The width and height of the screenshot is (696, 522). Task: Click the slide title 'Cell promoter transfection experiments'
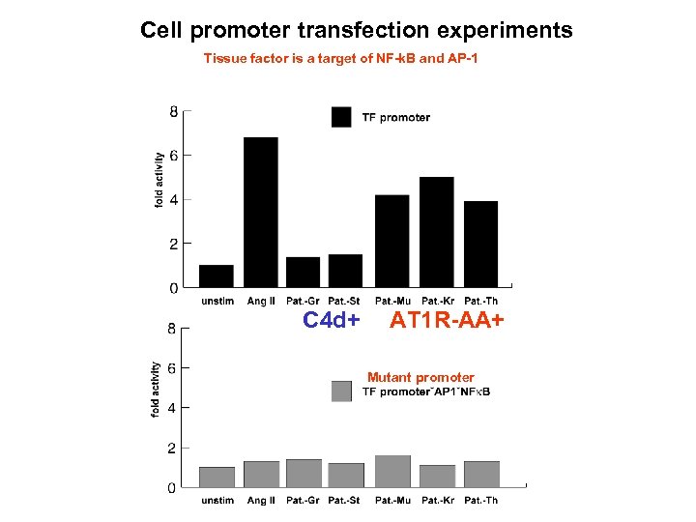tap(356, 30)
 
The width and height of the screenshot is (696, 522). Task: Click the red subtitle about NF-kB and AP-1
tap(340, 59)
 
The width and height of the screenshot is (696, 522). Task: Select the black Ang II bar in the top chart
tap(260, 212)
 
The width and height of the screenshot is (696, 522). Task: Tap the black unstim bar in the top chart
tap(216, 275)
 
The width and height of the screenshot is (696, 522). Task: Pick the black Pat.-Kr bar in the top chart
tap(436, 232)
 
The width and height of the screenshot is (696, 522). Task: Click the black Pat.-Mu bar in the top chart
tap(391, 241)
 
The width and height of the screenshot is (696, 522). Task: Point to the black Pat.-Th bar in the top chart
tap(480, 244)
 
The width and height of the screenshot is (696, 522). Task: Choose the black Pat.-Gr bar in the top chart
tap(303, 272)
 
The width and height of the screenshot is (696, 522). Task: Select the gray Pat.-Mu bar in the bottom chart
tap(391, 471)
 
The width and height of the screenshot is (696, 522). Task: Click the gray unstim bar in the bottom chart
tap(216, 477)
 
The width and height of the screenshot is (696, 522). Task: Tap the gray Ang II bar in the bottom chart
tap(260, 474)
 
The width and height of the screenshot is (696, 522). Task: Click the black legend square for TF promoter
tap(341, 117)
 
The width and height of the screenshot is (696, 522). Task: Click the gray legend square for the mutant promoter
tap(341, 391)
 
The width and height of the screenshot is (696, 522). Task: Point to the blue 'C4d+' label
tap(332, 320)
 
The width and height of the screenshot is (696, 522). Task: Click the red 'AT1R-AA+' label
tap(447, 320)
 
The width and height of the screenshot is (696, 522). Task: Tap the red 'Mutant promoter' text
tap(420, 377)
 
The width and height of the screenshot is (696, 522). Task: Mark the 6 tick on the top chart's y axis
tap(173, 156)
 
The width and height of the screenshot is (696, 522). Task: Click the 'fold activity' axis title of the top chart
tap(159, 179)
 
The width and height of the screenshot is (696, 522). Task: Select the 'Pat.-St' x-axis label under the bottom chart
tap(343, 500)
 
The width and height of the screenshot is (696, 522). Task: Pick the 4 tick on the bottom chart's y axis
tap(172, 408)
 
